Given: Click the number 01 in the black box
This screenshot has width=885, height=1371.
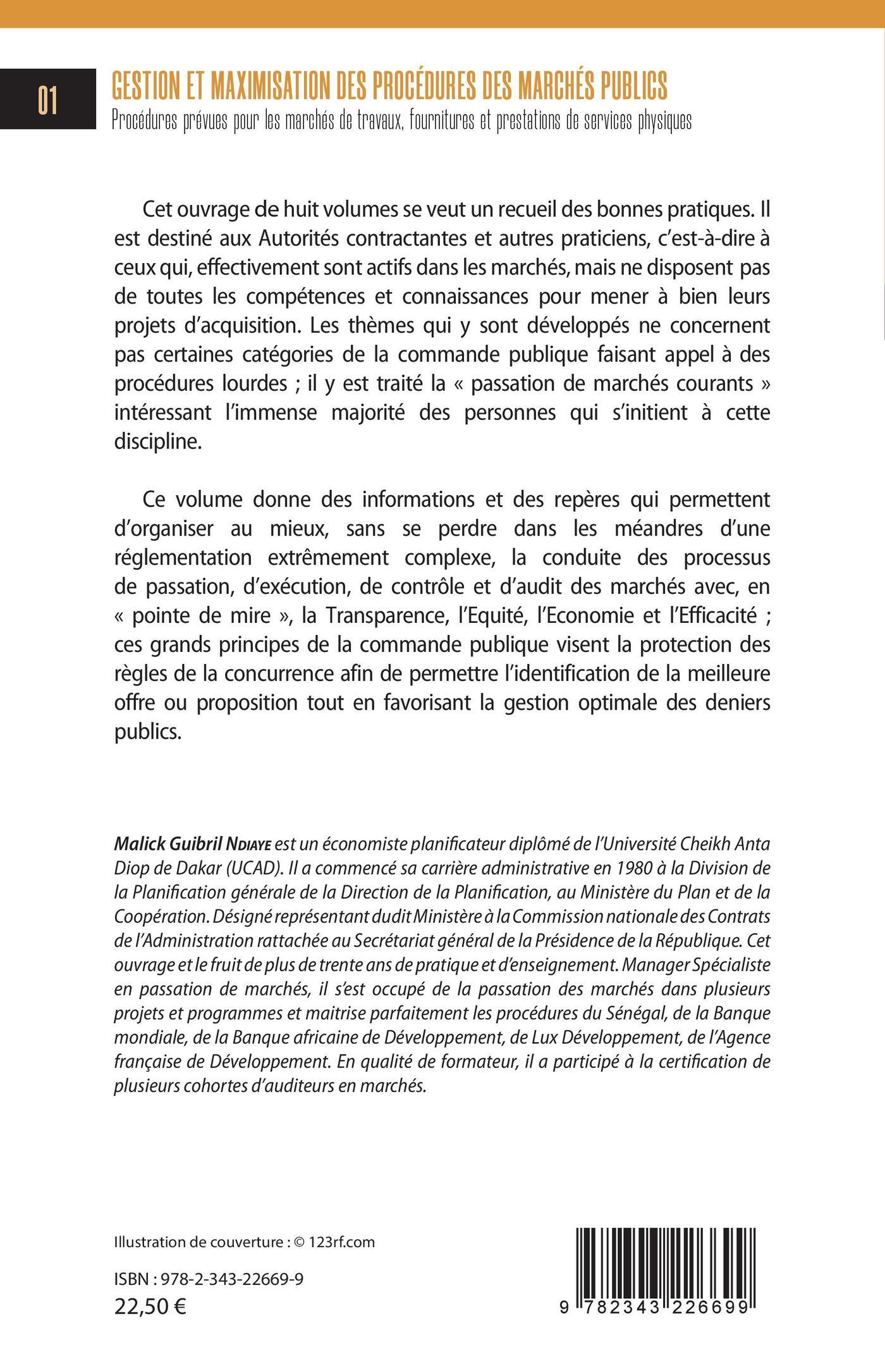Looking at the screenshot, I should [47, 100].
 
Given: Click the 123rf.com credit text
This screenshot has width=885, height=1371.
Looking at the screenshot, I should [341, 1224].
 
